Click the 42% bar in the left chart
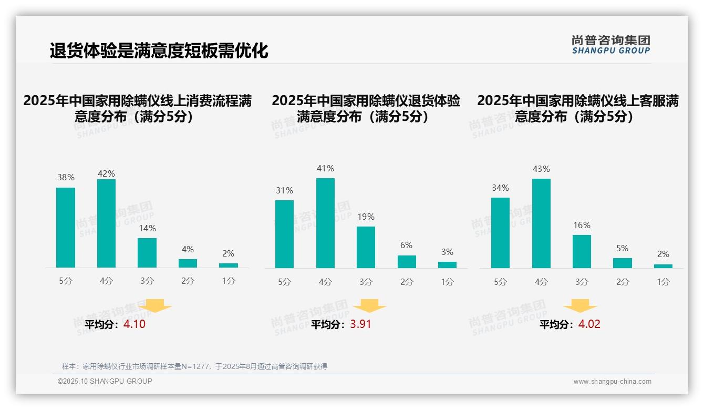(106, 223)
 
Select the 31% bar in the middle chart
(284, 234)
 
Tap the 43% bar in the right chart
(541, 223)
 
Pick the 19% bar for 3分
(366, 247)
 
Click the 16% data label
(582, 225)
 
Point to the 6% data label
(406, 245)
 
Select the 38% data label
(66, 178)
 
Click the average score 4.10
(134, 324)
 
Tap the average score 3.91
(360, 324)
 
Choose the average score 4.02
(589, 324)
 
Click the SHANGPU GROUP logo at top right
(610, 44)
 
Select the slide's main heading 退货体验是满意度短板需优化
(159, 51)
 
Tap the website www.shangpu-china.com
(612, 382)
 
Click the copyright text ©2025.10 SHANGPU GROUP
(105, 381)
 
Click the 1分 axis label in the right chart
(663, 282)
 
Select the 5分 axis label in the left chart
(66, 281)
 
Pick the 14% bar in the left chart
(147, 253)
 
